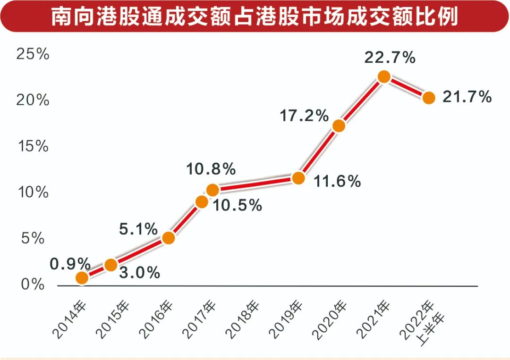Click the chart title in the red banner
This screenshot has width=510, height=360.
pos(255,17)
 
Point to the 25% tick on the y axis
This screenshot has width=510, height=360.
pos(33,54)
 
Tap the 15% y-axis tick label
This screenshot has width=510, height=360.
pos(33,146)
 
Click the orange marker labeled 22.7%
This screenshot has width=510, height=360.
pos(384,77)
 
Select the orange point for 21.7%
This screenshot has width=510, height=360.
pos(428,98)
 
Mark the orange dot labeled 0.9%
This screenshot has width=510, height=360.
pos(82,278)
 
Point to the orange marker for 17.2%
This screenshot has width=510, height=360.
pos(339,126)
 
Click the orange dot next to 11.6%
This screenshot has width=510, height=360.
pos(298,178)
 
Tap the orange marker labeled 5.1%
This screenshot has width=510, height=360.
pos(168,238)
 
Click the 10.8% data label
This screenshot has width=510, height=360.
pos(211,169)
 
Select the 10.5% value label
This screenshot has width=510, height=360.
pos(237,205)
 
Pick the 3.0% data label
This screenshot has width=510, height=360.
pos(139,273)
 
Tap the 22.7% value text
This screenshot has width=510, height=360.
pos(390,58)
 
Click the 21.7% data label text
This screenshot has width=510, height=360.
pos(467,97)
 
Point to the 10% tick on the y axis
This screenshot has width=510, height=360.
pos(33,193)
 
